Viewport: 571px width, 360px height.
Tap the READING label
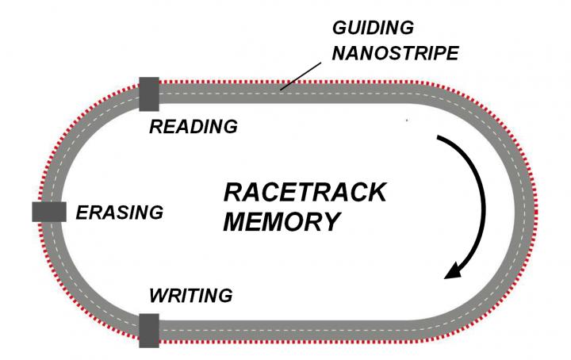pos(194,126)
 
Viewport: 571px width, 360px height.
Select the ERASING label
pos(120,213)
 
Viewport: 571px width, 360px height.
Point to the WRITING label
pos(191,297)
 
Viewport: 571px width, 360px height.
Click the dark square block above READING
pos(149,94)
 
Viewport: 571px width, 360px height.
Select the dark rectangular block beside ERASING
pos(48,212)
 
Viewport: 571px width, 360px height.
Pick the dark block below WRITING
pos(149,330)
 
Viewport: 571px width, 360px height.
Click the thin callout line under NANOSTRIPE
pos(296,78)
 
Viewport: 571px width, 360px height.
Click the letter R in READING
pos(156,126)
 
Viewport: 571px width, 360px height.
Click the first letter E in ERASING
pos(81,213)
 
